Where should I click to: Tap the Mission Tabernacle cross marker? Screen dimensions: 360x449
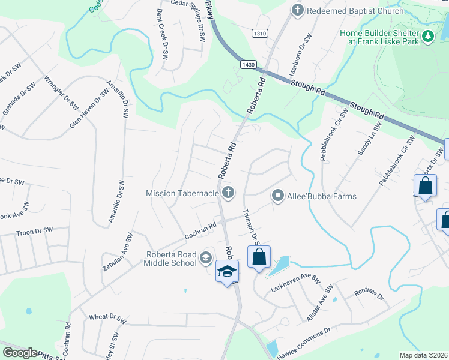[228, 193]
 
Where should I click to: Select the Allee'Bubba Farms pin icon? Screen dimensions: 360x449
[277, 196]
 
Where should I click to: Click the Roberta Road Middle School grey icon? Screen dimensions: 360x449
[206, 257]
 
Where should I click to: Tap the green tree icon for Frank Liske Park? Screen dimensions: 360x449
[427, 37]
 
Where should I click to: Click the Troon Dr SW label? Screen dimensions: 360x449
[35, 230]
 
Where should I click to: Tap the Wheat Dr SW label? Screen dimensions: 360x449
[107, 316]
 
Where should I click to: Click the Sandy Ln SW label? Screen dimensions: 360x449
[370, 140]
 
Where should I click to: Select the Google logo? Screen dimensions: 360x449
[20, 353]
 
